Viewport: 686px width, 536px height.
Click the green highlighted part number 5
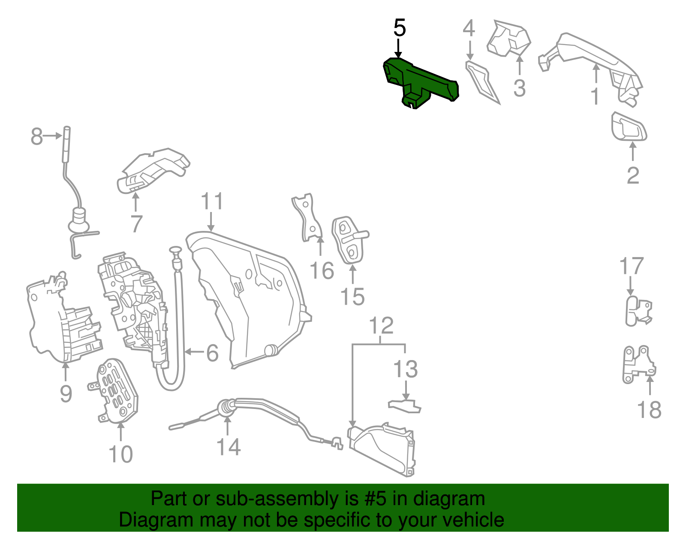420,82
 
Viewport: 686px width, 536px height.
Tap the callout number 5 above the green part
399,28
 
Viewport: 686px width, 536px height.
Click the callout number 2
633,176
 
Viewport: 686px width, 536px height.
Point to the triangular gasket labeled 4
481,79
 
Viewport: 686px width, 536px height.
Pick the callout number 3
519,88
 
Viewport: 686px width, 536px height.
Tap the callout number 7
136,224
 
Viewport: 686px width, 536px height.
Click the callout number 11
212,201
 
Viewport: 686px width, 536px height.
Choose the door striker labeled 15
349,240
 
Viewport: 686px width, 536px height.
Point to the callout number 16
322,271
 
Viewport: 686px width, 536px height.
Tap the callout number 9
66,393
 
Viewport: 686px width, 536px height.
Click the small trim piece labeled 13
404,406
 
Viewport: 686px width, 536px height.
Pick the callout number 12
381,326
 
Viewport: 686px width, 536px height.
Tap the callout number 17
632,266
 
